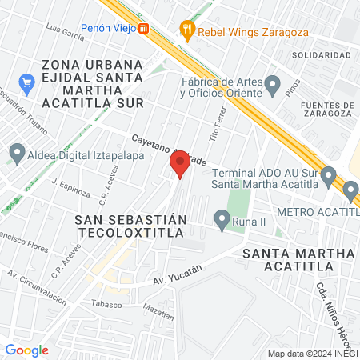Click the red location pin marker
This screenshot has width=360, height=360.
coord(179,166)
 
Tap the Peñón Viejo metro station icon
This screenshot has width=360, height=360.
coord(143,28)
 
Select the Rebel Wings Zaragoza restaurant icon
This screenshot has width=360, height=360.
coord(188,31)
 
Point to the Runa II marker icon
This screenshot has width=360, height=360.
coord(222,218)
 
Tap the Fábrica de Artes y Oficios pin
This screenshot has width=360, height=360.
coord(273,84)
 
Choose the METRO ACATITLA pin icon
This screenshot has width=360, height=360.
coord(350,190)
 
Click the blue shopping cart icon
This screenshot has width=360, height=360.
coord(26,82)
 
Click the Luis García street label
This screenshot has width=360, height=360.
coord(66,32)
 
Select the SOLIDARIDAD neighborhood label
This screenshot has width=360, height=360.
coord(321,54)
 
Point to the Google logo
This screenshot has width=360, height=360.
coord(27,350)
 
